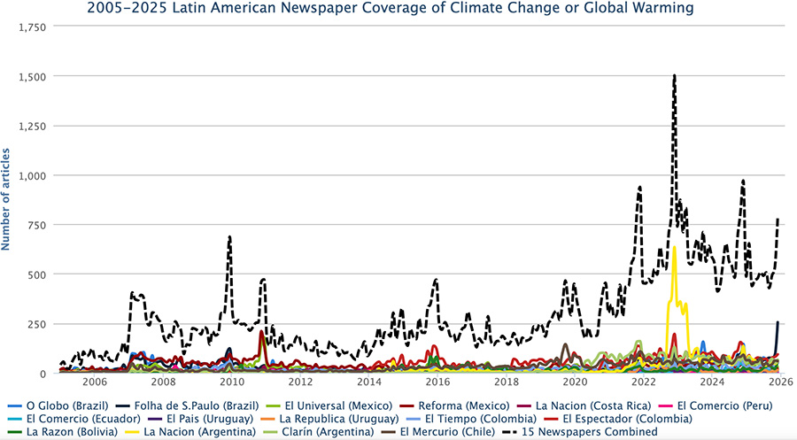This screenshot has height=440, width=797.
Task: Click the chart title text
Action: point(391,9)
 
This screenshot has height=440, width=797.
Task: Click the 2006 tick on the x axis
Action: point(94,382)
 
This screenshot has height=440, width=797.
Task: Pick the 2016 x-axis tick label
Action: point(437,382)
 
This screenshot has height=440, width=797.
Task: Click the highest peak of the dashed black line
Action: point(674,76)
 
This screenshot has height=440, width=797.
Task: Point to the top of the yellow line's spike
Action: point(674,247)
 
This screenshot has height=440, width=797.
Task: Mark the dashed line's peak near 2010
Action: point(229,237)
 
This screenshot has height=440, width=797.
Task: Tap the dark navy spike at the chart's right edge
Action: point(778,322)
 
